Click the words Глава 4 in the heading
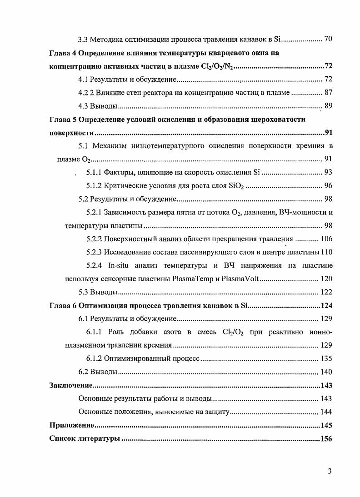(63, 53)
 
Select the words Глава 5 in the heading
(63, 119)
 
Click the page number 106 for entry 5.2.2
(326, 239)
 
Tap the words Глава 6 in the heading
(63, 305)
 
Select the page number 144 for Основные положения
(326, 412)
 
